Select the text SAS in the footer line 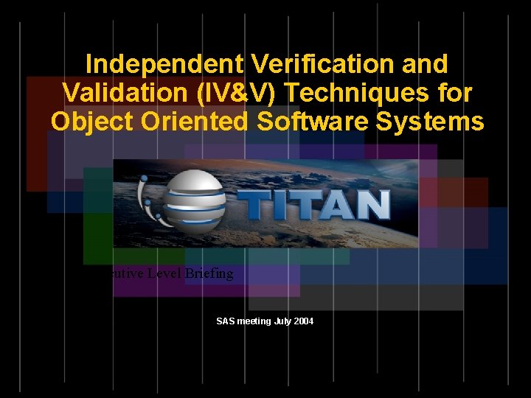point(224,321)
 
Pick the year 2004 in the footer point(304,321)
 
